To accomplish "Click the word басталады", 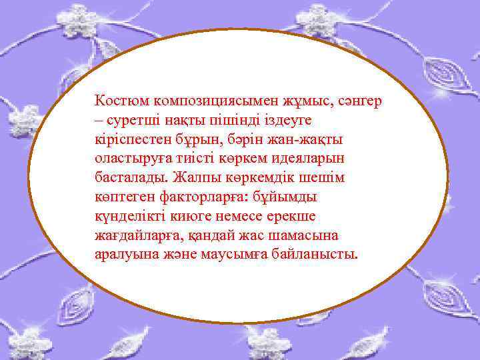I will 131,178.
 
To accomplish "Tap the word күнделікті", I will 129,217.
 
